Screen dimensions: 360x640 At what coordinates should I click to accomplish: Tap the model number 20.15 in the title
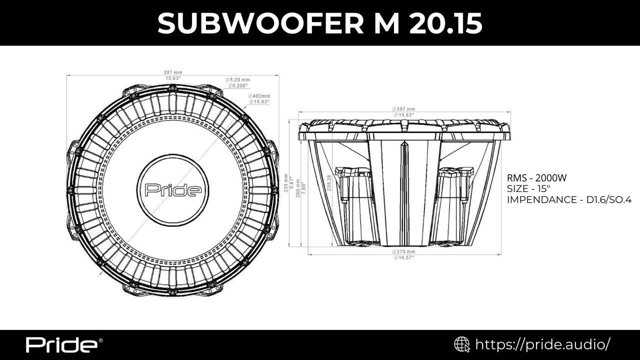coord(445,23)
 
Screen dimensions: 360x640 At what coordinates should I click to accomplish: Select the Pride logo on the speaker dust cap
coord(173,190)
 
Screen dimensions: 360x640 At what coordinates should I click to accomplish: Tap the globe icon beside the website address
coord(461,344)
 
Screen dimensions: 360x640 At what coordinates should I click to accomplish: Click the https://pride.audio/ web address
coord(542,344)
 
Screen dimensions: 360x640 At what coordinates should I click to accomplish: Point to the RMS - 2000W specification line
coord(537,178)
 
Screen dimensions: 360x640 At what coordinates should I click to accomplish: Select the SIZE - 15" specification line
coord(528,189)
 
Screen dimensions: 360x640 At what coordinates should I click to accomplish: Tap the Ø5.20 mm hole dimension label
coord(238,80)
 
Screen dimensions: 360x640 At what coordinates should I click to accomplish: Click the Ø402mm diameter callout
coord(259,96)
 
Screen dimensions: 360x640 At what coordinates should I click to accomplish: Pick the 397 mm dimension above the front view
coord(173,72)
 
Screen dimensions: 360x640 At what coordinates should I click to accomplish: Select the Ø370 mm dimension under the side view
coord(403,251)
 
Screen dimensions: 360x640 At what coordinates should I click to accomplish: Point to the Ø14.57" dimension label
coord(403,257)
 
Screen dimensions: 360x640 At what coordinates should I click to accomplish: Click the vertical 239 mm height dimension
coord(286,185)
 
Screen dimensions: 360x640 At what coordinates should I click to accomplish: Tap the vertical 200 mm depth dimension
coord(298,187)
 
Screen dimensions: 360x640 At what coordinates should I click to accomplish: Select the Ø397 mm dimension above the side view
coord(403,109)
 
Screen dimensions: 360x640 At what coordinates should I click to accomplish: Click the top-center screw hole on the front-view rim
coord(172,88)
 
